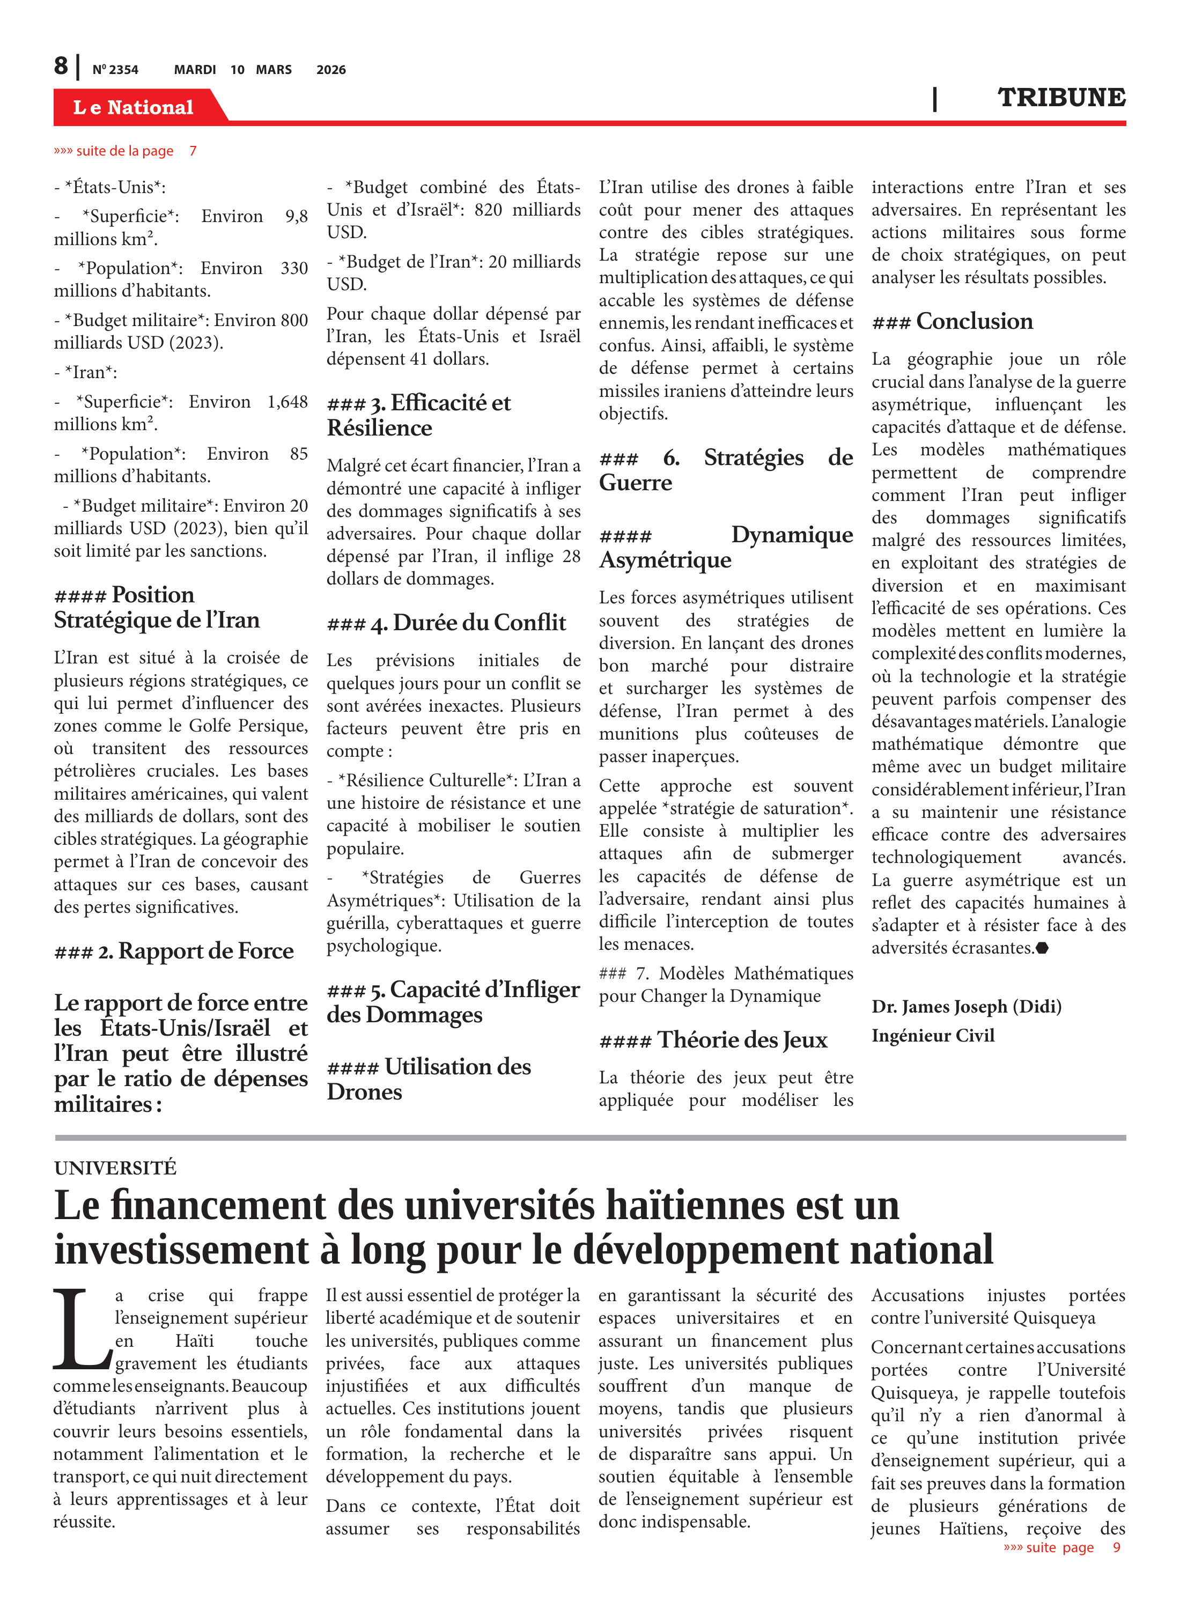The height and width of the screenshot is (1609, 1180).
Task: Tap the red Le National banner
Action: point(134,107)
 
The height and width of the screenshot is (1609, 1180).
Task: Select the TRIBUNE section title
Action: point(1061,97)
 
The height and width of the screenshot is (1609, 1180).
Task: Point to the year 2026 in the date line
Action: point(331,70)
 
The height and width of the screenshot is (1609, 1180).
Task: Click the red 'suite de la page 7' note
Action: point(125,151)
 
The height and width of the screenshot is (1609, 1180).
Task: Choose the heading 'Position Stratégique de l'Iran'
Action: point(157,607)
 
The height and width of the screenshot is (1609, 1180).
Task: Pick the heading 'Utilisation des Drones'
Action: point(429,1079)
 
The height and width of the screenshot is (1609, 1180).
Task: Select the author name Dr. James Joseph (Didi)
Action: point(965,1006)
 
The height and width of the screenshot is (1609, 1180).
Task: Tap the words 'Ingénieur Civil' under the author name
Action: point(932,1036)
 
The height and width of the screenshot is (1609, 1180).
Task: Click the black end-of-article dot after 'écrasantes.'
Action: point(1042,948)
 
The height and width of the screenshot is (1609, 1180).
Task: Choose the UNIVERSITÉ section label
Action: point(115,1168)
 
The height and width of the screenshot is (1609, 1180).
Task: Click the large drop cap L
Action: point(80,1330)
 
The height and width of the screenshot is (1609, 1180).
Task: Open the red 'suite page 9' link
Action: point(1061,1547)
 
